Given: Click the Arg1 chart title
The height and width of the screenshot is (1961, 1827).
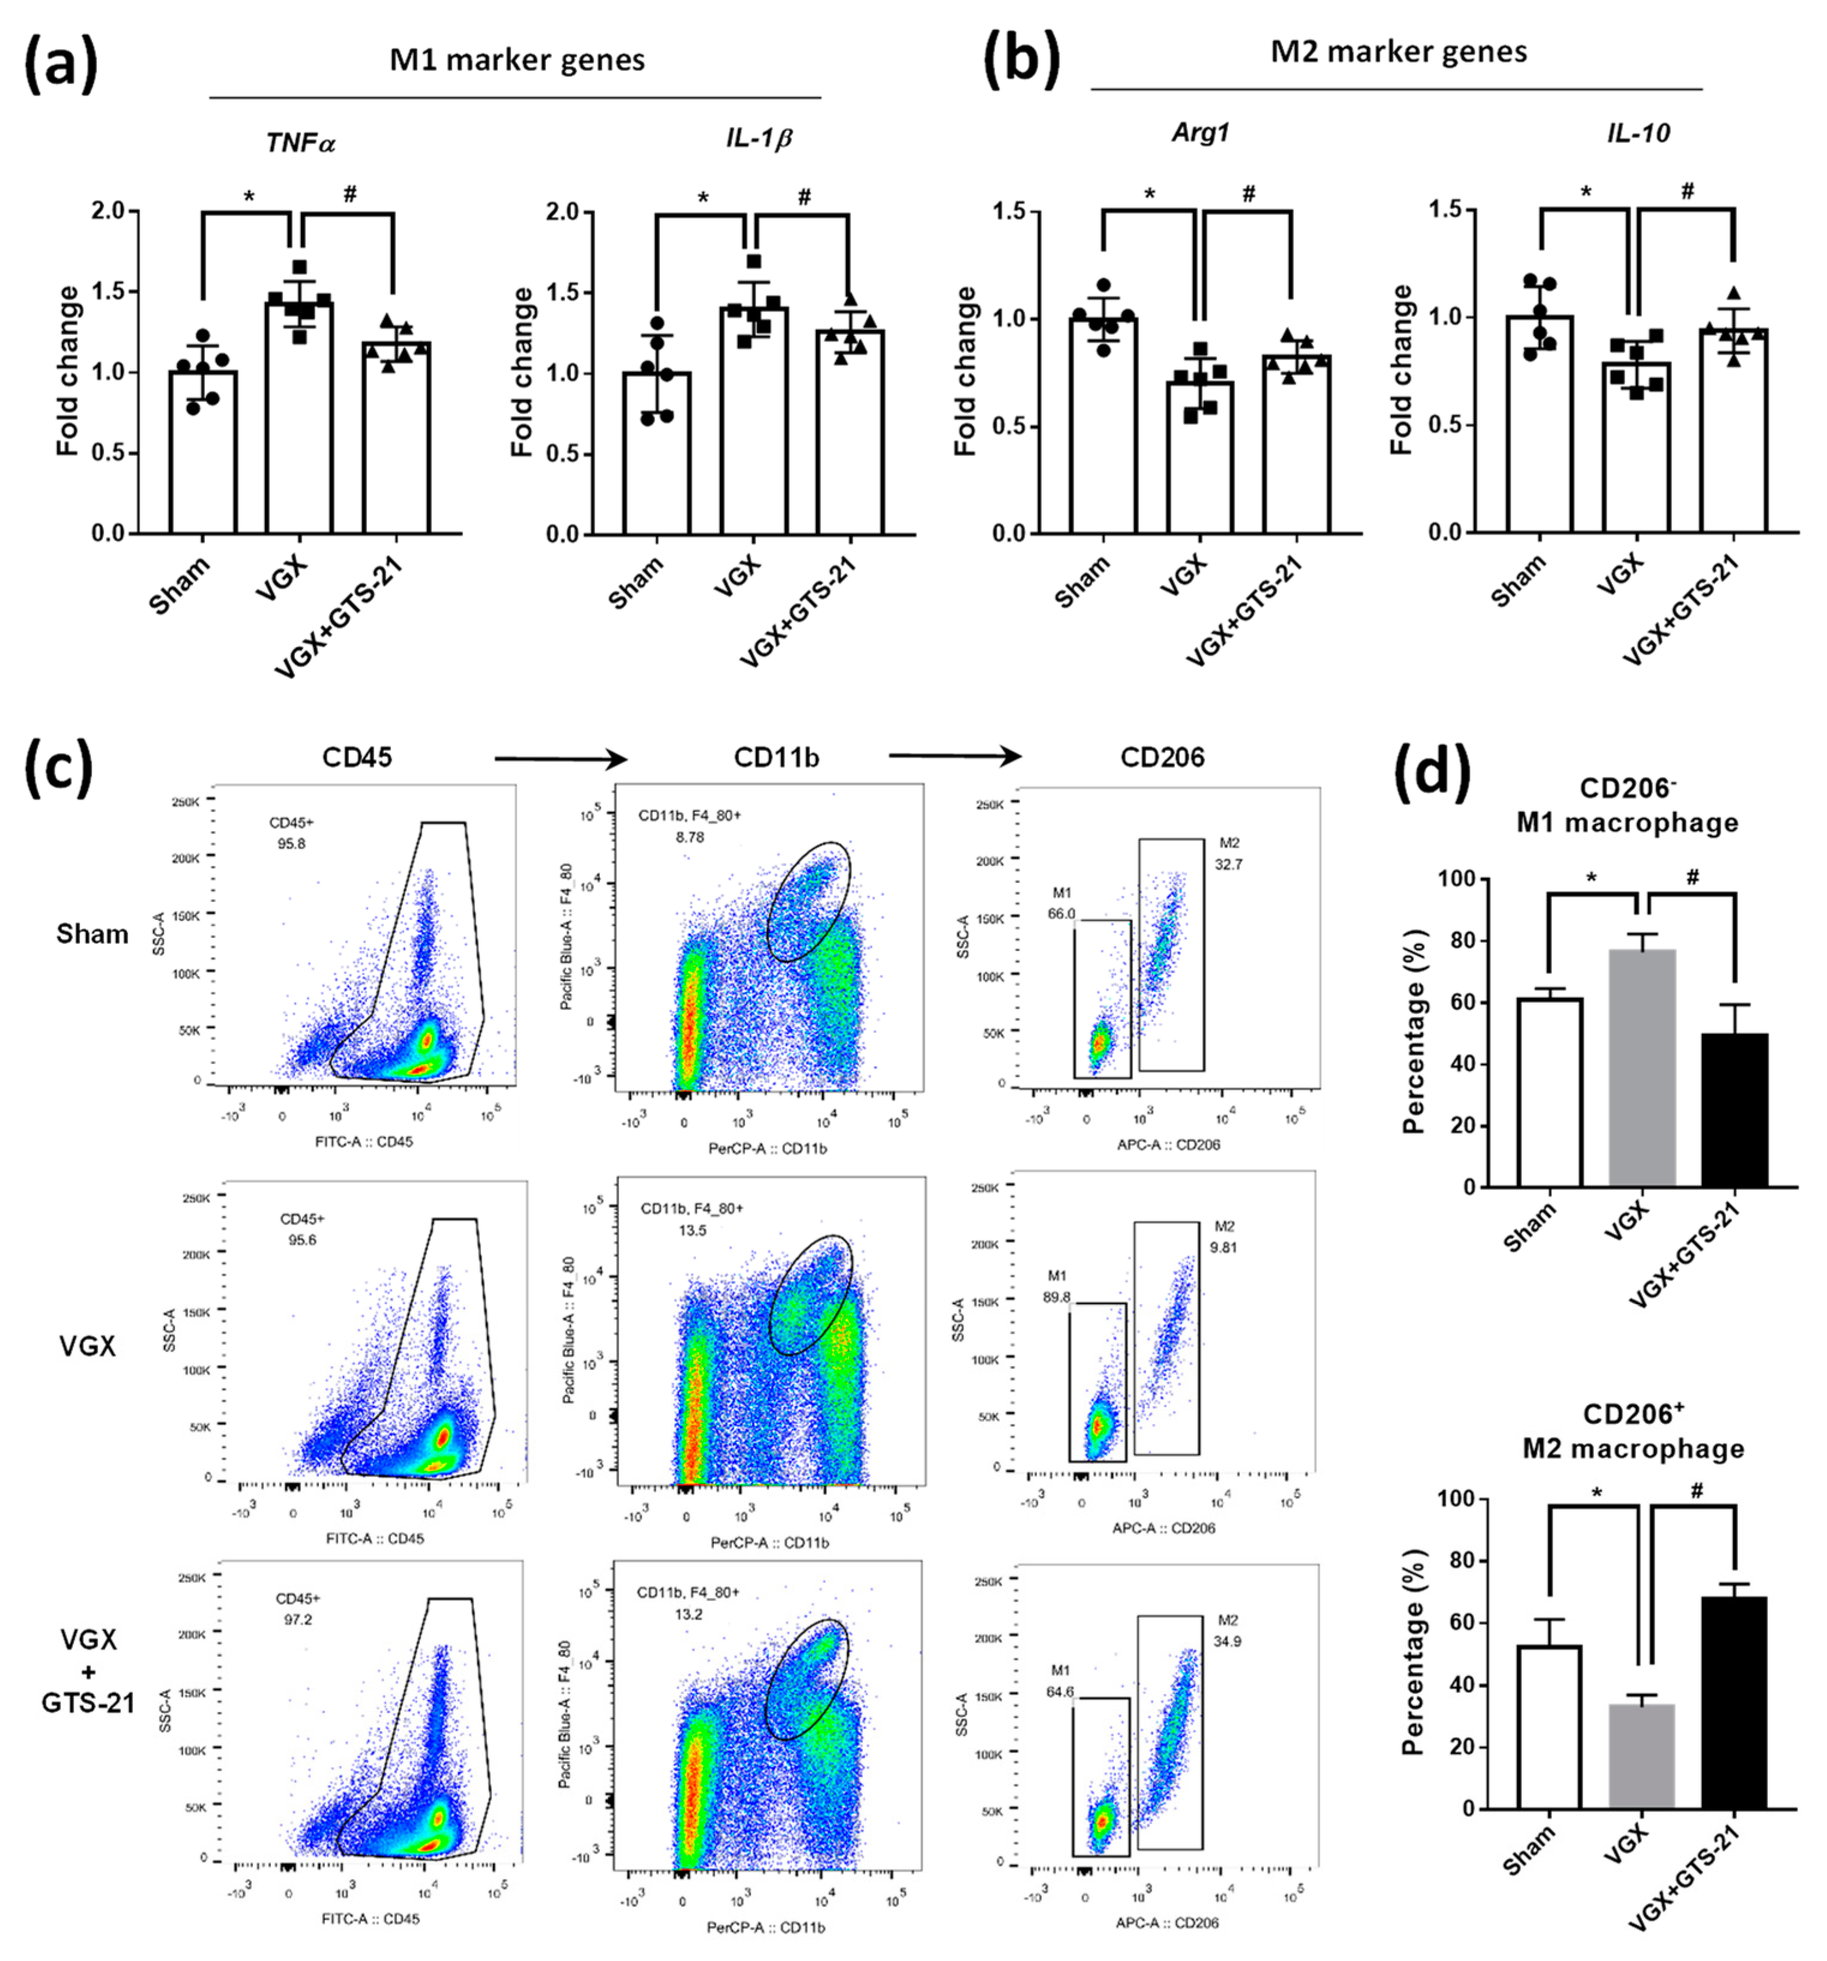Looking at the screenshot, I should (1200, 133).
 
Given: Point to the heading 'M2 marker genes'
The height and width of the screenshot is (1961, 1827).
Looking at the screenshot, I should (1398, 51).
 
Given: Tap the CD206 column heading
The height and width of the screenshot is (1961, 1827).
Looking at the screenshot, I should (1162, 757).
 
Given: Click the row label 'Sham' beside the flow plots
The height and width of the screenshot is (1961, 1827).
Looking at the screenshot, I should (92, 933).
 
